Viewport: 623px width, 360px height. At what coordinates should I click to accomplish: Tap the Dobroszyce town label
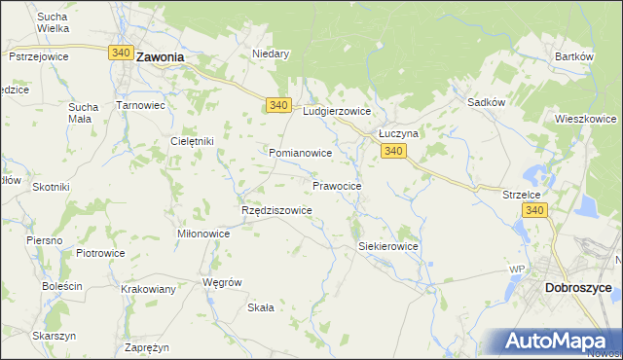(578, 289)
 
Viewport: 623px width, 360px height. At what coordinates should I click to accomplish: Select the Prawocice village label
(338, 185)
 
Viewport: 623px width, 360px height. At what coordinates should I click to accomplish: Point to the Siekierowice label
(388, 246)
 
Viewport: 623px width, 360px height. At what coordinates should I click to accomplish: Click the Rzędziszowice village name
(275, 210)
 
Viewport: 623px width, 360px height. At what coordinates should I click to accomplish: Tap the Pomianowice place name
(301, 154)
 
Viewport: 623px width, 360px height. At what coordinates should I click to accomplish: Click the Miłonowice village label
(203, 234)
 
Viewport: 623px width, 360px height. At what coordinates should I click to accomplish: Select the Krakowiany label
(148, 289)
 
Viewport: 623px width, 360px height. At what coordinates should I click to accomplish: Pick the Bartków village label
(574, 56)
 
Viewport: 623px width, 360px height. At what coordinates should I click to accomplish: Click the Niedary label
(272, 54)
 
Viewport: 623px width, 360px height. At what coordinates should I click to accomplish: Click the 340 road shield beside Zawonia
(121, 53)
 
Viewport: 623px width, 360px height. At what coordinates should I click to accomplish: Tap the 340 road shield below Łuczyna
(393, 151)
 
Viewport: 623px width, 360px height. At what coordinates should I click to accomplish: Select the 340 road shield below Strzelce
(533, 210)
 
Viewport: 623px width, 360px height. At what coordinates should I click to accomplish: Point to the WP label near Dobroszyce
(517, 269)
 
